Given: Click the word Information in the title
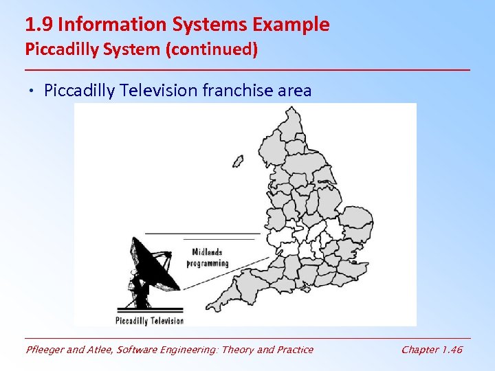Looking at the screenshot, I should pos(102,25).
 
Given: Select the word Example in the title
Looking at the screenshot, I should pos(291,25).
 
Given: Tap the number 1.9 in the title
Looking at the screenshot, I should pos(39,25).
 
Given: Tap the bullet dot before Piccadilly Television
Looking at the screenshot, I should pos(34,91).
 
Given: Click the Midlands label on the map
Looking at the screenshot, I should pos(207,252).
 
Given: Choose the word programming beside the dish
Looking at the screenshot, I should pos(208,262).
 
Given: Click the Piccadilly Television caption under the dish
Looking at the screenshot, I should pos(150,320).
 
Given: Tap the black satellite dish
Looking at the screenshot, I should pos(151,265).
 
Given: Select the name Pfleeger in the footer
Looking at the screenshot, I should pos(45,350).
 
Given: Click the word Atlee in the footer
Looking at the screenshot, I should pos(102,350).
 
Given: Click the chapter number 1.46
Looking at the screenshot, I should pos(451,350).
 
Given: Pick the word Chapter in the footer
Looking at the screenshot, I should pos(419,350).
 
